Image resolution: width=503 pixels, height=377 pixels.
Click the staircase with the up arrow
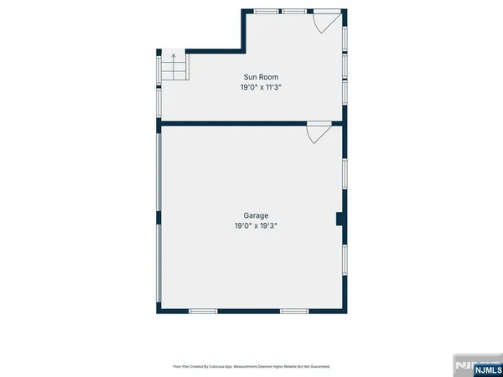(174, 66)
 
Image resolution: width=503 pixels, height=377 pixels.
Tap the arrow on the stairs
(174, 59)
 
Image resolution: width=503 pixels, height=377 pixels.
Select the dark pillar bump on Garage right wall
(340, 219)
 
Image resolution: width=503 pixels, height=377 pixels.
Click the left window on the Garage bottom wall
(204, 312)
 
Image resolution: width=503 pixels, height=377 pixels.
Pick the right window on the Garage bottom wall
(293, 312)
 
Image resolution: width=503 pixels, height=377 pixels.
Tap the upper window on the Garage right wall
(345, 172)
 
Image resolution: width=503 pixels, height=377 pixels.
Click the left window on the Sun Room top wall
(267, 11)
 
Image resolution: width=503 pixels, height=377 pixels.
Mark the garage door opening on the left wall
(158, 218)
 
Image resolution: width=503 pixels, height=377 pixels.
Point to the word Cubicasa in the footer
(220, 366)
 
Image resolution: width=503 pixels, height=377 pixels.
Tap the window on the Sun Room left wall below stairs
(158, 100)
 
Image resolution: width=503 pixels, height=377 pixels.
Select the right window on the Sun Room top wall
(293, 11)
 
